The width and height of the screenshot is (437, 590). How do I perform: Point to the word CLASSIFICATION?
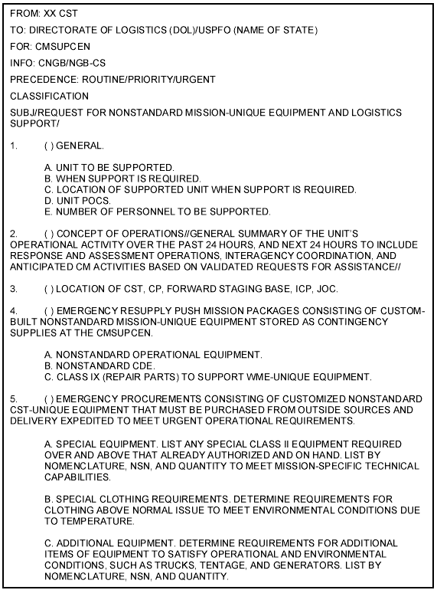coord(49,96)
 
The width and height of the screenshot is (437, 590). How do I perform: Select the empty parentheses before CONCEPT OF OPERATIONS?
coord(50,233)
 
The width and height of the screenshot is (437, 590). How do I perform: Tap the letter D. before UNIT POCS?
coord(49,200)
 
